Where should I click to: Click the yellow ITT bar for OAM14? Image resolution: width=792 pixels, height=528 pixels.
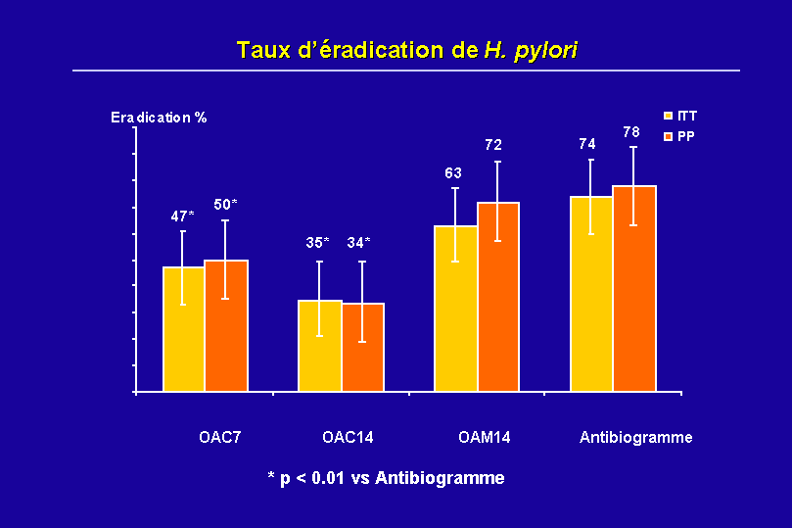(x=455, y=309)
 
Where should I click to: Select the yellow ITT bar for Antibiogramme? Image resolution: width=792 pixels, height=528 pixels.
(x=591, y=294)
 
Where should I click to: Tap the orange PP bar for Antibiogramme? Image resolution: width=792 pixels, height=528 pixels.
(x=634, y=288)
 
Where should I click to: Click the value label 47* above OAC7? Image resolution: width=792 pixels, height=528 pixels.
(x=183, y=216)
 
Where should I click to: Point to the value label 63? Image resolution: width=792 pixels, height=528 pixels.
(x=453, y=173)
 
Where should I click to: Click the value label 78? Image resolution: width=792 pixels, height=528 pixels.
(x=631, y=131)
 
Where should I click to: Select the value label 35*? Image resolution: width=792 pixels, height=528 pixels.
(x=318, y=242)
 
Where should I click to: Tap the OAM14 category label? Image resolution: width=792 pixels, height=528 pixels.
(x=484, y=437)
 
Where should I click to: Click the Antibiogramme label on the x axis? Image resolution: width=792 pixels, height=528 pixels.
(x=635, y=437)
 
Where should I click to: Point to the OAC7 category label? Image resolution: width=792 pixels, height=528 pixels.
(x=213, y=437)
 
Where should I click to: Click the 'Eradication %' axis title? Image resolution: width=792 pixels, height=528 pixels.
(x=159, y=118)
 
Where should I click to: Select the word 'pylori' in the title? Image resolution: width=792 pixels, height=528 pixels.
(x=544, y=49)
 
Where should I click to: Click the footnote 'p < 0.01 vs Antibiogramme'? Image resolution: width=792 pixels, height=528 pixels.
(x=387, y=478)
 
